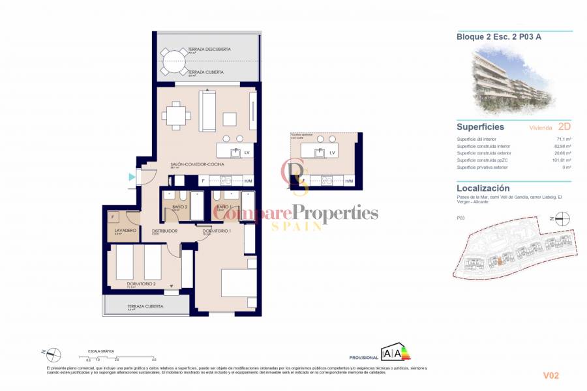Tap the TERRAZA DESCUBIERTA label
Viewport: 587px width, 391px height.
tap(205, 48)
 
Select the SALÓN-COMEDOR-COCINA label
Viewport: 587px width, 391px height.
tap(198, 164)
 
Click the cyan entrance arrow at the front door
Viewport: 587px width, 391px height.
tap(132, 177)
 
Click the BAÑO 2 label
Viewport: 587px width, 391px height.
tap(180, 207)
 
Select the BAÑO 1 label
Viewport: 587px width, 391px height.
tap(224, 207)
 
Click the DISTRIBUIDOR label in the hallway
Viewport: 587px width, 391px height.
tap(165, 231)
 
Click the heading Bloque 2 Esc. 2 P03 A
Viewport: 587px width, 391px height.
tap(498, 37)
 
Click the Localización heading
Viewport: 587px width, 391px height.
tap(483, 188)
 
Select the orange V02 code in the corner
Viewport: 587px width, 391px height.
tap(551, 375)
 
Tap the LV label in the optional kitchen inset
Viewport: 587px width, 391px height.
tap(333, 152)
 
